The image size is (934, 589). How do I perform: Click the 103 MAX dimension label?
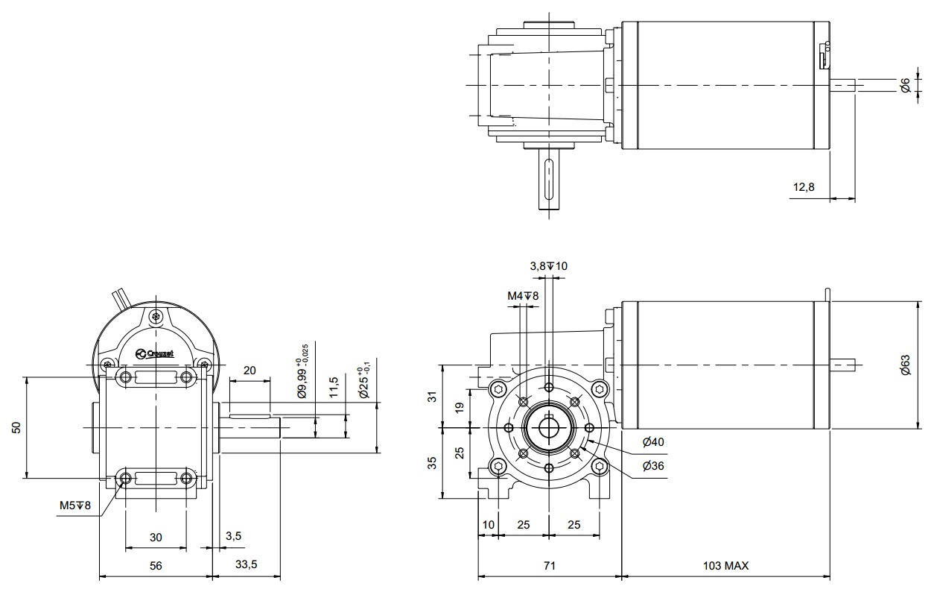(x=725, y=566)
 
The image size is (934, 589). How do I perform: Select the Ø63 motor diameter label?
(x=905, y=365)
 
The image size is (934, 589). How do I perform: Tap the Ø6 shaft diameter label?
(x=905, y=86)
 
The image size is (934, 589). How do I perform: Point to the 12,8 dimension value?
(x=804, y=187)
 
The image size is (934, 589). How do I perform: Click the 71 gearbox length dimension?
(x=548, y=566)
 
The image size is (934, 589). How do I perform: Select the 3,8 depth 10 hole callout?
(x=548, y=266)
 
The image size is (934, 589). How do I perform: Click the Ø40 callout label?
(x=652, y=442)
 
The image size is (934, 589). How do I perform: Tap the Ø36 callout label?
(x=652, y=466)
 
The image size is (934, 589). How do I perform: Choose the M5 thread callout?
(x=74, y=505)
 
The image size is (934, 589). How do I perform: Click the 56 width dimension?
(x=156, y=566)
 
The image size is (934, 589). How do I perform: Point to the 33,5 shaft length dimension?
(x=246, y=566)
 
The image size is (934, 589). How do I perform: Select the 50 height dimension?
(x=16, y=427)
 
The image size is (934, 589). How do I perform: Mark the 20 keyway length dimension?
(x=250, y=371)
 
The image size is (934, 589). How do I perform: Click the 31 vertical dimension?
(x=431, y=397)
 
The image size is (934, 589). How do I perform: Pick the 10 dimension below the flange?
(x=488, y=525)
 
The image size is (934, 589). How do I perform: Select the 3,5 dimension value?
(x=233, y=535)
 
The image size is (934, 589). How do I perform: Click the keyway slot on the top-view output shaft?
(x=548, y=179)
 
